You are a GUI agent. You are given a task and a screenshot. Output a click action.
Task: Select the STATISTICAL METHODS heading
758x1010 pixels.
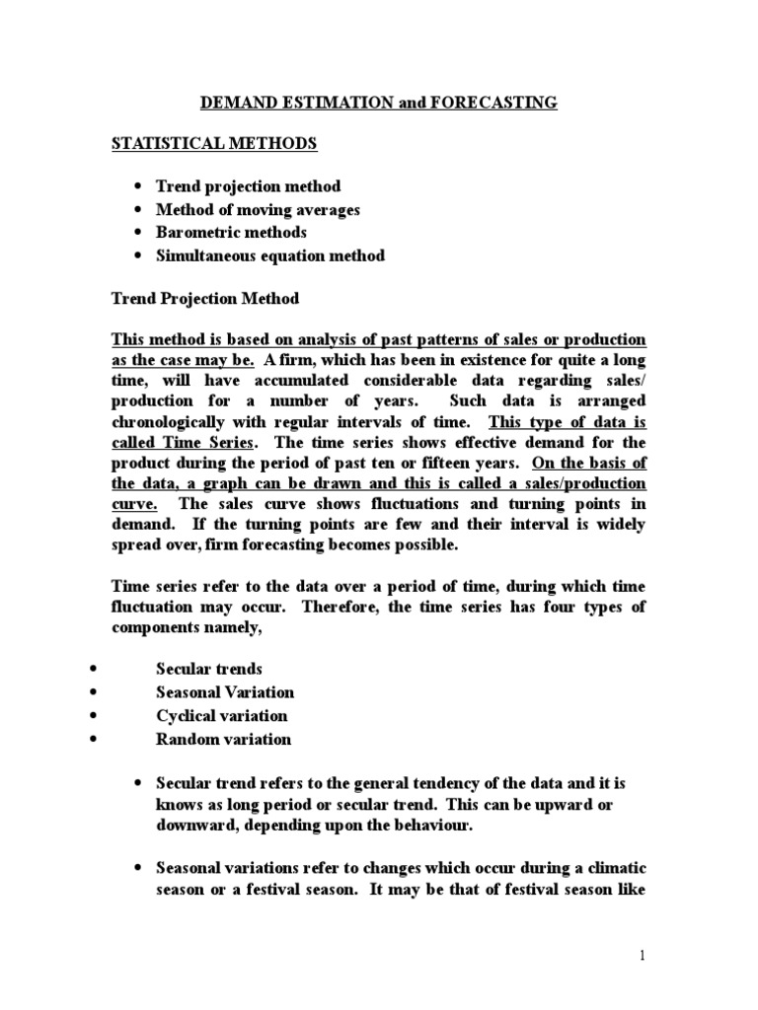[213, 144]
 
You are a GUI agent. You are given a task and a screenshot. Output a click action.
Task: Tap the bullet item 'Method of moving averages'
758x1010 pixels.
[258, 209]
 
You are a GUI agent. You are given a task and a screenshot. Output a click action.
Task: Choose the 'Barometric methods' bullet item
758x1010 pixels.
[231, 233]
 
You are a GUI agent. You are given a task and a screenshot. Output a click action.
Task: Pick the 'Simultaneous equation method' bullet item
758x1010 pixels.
[270, 256]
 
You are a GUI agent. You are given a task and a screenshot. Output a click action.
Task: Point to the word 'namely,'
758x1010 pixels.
[217, 629]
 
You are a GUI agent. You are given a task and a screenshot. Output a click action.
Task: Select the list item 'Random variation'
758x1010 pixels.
[223, 740]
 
